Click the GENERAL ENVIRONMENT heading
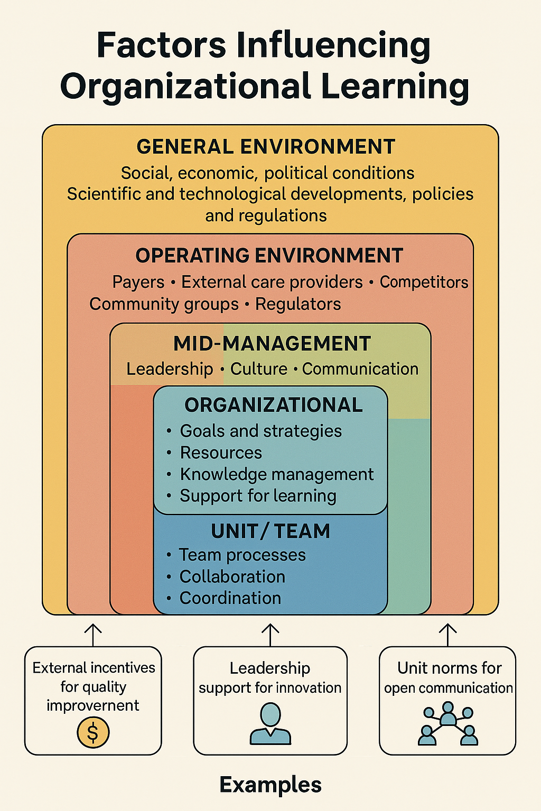click(x=266, y=147)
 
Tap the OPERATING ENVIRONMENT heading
click(x=269, y=256)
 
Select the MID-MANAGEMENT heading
click(x=272, y=344)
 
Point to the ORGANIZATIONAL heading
click(x=274, y=405)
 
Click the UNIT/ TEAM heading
click(x=270, y=531)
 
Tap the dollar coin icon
click(x=93, y=732)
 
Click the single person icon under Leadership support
click(x=270, y=723)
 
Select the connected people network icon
click(x=448, y=724)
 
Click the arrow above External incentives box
click(x=93, y=634)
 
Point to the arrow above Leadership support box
click(x=270, y=634)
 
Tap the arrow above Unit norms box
click(x=448, y=634)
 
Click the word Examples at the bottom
click(x=270, y=785)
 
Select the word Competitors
click(x=424, y=282)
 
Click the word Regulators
click(x=298, y=304)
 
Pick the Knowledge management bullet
click(x=276, y=474)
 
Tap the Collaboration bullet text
click(x=232, y=577)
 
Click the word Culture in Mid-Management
click(x=259, y=369)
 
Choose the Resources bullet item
click(x=221, y=452)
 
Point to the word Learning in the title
click(x=395, y=87)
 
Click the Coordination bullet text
click(x=230, y=598)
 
